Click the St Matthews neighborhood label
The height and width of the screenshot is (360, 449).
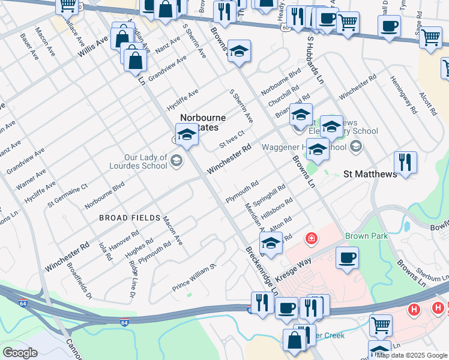pos(370,174)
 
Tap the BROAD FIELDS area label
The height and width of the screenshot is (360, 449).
pos(130,218)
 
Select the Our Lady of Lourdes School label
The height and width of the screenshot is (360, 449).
pos(145,161)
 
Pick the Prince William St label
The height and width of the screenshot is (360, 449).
pos(193,275)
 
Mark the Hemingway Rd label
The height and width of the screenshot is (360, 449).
pos(401,94)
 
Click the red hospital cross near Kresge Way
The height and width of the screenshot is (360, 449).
pos(311,239)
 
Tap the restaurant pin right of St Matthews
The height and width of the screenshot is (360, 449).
pos(405,162)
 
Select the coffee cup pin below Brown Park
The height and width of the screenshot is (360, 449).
pos(347,258)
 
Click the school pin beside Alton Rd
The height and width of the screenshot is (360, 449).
pos(271,244)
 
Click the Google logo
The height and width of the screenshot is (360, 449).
pos(20,353)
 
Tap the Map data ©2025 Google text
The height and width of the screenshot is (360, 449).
pos(412,355)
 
